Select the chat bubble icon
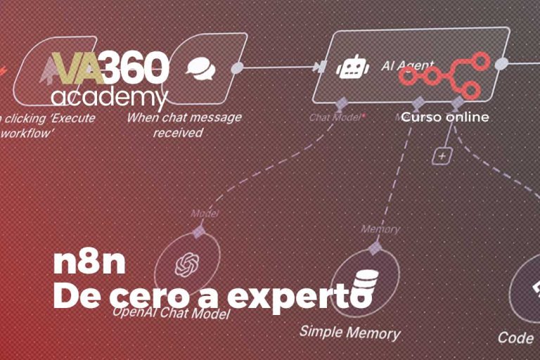199,67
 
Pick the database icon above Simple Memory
364,281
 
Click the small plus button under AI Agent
441,156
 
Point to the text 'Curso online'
445,117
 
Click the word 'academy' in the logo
109,96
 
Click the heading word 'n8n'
89,263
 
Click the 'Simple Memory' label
349,333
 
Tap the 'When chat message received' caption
184,124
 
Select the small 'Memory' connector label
380,229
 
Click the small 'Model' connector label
204,214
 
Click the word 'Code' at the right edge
515,337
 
